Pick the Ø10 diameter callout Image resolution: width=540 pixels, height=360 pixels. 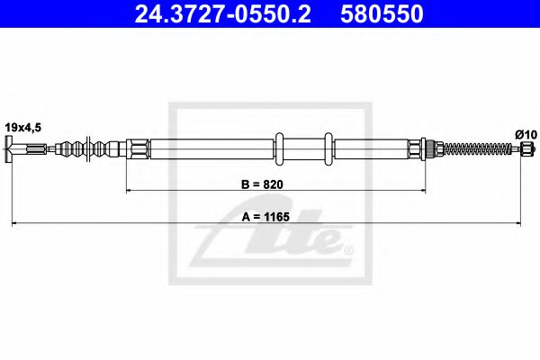click(x=526, y=134)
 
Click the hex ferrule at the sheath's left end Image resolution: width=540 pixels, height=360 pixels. click(x=137, y=149)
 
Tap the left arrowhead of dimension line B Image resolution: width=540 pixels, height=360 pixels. click(x=129, y=192)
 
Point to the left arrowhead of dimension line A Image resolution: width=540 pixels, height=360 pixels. click(x=13, y=222)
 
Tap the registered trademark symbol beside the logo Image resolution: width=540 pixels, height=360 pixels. click(x=348, y=248)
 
